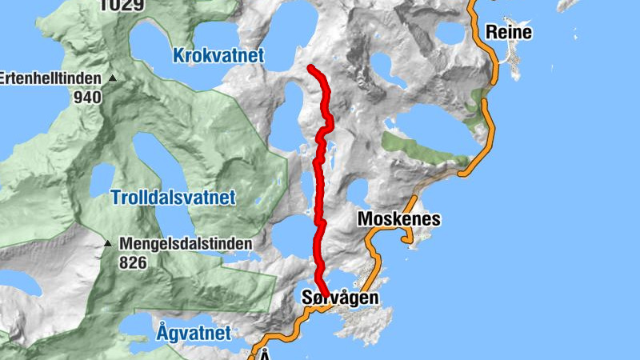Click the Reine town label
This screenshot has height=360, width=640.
[x=510, y=33]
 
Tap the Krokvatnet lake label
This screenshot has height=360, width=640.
[x=218, y=55]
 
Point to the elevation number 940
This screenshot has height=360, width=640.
[x=87, y=98]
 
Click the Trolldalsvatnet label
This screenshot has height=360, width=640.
[x=173, y=197]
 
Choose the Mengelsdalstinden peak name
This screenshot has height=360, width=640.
[x=186, y=243]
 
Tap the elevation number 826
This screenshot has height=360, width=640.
[x=134, y=262]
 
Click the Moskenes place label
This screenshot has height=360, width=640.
[x=399, y=218]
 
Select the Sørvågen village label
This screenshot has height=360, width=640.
[x=340, y=298]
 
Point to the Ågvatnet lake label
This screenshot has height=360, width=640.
[x=194, y=332]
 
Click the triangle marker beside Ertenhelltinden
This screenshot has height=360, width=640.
[x=113, y=78]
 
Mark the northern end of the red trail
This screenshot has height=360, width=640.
[x=311, y=68]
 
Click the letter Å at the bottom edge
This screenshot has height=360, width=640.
[x=265, y=355]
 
